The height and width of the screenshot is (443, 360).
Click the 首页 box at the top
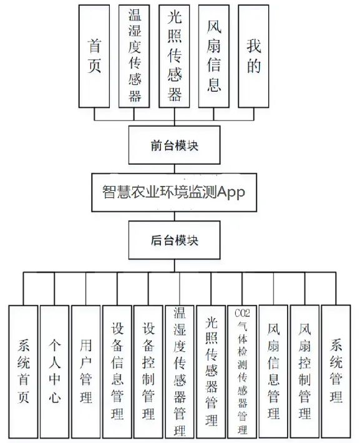[95, 56]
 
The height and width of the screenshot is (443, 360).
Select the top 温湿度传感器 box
[135, 56]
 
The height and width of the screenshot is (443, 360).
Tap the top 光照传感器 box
[175, 56]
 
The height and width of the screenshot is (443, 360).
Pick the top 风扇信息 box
[214, 56]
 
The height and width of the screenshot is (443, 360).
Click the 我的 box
[253, 56]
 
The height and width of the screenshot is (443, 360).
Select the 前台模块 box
[175, 145]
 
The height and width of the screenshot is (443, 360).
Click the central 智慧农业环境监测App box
[175, 192]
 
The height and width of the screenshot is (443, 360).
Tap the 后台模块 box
[175, 240]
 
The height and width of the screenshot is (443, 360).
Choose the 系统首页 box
[24, 371]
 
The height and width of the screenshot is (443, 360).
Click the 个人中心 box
[55, 371]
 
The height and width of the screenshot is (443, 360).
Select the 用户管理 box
[86, 371]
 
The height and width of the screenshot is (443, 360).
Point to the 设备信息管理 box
[117, 371]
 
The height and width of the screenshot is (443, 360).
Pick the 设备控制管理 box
[148, 371]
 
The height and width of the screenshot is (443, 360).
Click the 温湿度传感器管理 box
[180, 371]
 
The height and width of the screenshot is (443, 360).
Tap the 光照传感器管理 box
[211, 371]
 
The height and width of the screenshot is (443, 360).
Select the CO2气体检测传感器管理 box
[242, 371]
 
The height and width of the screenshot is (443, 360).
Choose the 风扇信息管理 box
[273, 371]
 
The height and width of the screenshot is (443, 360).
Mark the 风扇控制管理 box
[304, 371]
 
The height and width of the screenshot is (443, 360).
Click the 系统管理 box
[336, 371]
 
